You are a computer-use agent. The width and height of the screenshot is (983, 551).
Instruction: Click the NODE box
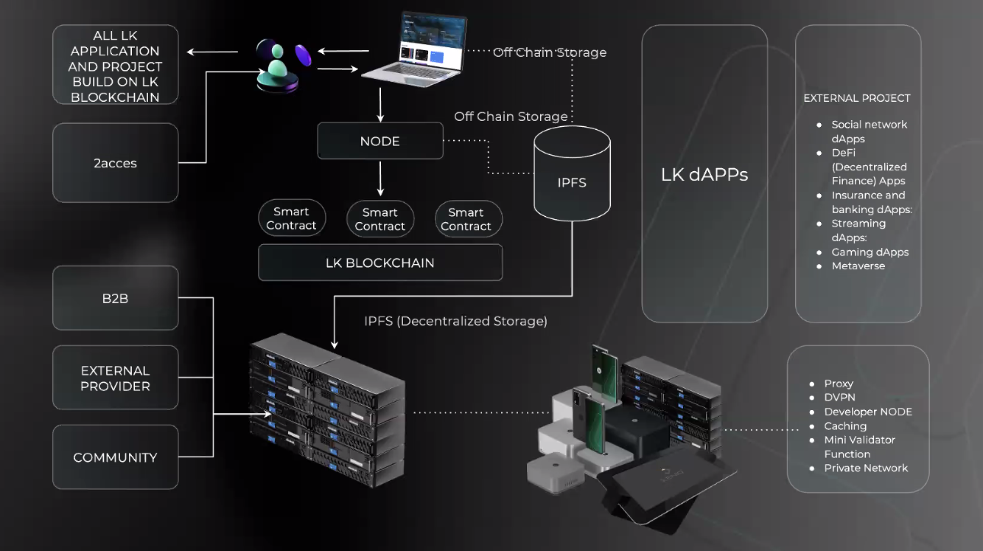click(x=380, y=141)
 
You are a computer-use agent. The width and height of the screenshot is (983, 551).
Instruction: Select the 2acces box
click(x=116, y=163)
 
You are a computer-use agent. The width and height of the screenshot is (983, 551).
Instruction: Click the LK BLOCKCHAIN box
click(x=380, y=263)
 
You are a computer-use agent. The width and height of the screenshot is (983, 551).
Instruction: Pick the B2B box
click(x=116, y=298)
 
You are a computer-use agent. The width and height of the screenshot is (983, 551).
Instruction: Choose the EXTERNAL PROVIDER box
click(x=116, y=378)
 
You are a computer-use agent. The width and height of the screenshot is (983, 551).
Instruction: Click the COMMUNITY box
click(x=116, y=457)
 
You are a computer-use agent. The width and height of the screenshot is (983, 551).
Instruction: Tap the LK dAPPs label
click(x=704, y=175)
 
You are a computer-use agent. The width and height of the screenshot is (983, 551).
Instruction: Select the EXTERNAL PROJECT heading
click(x=857, y=98)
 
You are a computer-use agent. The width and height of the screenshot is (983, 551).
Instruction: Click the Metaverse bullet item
click(x=858, y=266)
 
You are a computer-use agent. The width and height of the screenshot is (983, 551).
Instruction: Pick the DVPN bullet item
click(x=840, y=398)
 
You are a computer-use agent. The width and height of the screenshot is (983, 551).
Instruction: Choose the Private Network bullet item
click(x=866, y=468)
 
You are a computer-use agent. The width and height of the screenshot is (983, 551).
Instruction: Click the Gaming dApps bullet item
click(x=870, y=252)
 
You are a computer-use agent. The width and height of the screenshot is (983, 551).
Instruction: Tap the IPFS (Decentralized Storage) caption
click(x=455, y=321)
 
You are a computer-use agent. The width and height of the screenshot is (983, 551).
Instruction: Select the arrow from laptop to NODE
click(x=380, y=104)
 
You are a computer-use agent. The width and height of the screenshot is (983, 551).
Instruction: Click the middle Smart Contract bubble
click(x=380, y=219)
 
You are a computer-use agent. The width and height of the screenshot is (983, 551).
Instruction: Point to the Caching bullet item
click(x=845, y=426)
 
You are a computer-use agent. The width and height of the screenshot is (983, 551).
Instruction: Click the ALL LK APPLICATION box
click(x=116, y=66)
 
